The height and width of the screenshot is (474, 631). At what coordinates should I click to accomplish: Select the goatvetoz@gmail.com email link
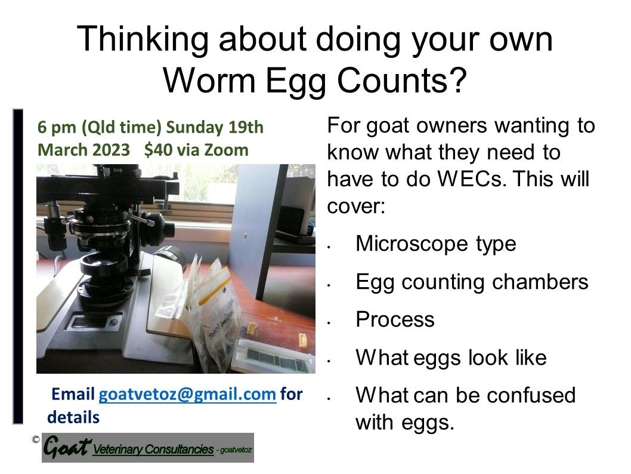pyautogui.click(x=187, y=395)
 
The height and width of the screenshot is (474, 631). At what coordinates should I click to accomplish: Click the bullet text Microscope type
pyautogui.click(x=435, y=244)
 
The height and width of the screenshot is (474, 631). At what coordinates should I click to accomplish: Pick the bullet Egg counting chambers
pyautogui.click(x=472, y=282)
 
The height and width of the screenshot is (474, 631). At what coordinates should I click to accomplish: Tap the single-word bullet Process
pyautogui.click(x=395, y=319)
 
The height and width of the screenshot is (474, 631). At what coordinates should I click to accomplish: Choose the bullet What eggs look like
pyautogui.click(x=451, y=358)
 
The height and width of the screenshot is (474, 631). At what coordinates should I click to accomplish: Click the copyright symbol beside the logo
pyautogui.click(x=36, y=440)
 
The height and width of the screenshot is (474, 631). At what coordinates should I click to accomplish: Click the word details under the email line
pyautogui.click(x=73, y=417)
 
